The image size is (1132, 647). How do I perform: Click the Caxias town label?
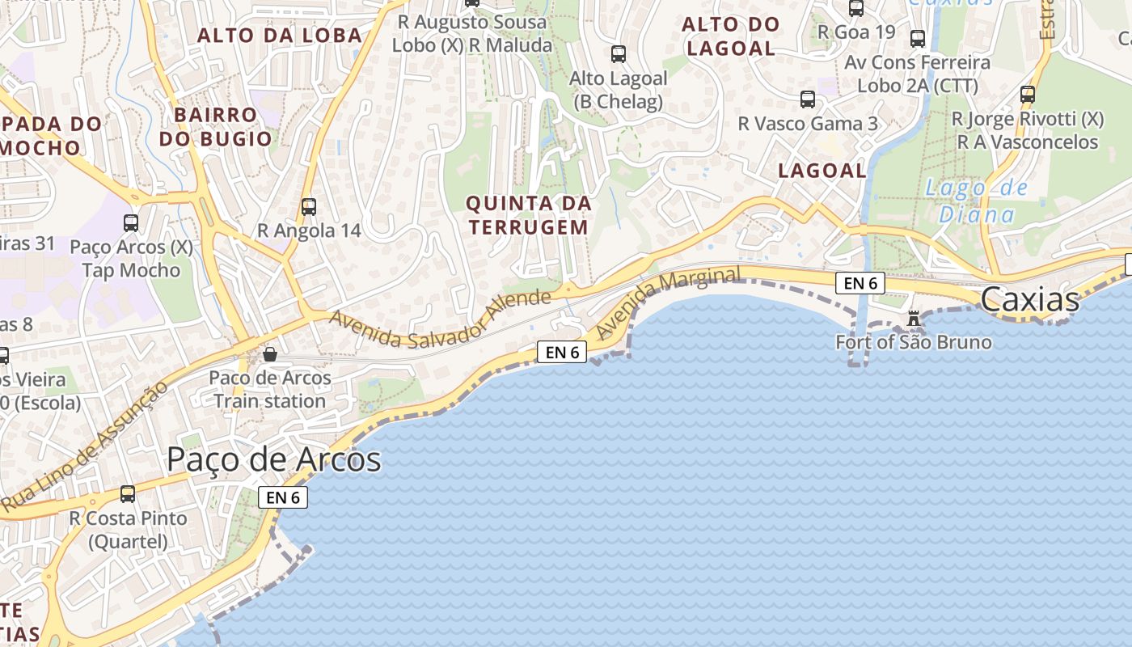pyautogui.click(x=1029, y=300)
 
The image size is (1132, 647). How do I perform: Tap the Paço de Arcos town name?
pyautogui.click(x=273, y=459)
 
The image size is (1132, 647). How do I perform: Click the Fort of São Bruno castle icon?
pyautogui.click(x=914, y=319)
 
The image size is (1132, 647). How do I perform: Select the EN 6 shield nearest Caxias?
pyautogui.click(x=860, y=283)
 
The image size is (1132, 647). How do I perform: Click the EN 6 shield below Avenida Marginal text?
pyautogui.click(x=562, y=352)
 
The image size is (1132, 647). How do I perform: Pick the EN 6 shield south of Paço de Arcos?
pyautogui.click(x=283, y=497)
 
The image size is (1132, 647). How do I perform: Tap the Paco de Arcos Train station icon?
pyautogui.click(x=270, y=354)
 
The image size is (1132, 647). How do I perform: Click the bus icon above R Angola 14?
pyautogui.click(x=308, y=206)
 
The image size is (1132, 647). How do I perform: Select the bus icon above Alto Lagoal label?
pyautogui.click(x=619, y=54)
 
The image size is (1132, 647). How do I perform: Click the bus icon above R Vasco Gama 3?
pyautogui.click(x=807, y=99)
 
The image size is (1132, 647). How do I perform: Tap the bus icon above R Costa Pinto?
pyautogui.click(x=128, y=493)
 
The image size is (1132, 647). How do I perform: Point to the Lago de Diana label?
pyautogui.click(x=976, y=201)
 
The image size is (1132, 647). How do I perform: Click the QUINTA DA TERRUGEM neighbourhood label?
pyautogui.click(x=529, y=215)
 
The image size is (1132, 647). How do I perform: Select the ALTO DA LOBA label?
pyautogui.click(x=280, y=36)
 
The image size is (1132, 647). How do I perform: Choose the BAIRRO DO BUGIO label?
pyautogui.click(x=215, y=126)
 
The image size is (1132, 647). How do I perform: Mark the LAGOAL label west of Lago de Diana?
pyautogui.click(x=822, y=171)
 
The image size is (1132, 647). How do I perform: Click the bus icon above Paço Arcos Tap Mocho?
pyautogui.click(x=131, y=222)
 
